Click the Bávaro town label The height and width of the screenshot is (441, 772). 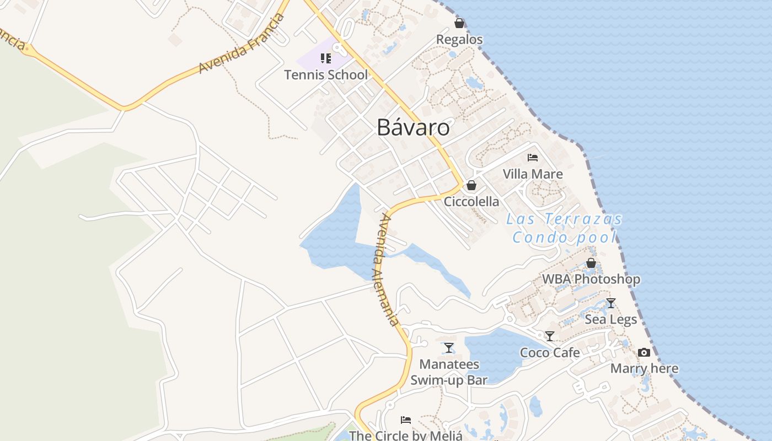413,128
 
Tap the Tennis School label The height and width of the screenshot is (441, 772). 326,75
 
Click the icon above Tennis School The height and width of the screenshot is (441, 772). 326,58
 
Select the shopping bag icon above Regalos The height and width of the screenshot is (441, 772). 459,23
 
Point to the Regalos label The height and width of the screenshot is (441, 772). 459,40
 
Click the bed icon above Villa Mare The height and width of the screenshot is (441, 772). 532,158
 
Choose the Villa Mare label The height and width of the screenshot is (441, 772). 533,174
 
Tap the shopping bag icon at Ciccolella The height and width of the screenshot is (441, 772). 471,185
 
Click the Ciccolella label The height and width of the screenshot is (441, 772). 471,202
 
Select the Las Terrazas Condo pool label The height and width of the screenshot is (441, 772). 564,228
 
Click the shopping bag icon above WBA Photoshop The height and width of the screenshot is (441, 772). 591,263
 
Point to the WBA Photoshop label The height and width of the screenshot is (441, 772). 591,279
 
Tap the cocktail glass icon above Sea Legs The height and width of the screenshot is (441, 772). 610,303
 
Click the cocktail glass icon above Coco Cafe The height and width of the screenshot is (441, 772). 550,336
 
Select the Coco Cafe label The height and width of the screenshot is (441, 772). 550,353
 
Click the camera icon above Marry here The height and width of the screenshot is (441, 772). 644,352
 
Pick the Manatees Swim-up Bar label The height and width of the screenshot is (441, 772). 449,372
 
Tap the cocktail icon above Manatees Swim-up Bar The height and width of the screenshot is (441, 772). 449,348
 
